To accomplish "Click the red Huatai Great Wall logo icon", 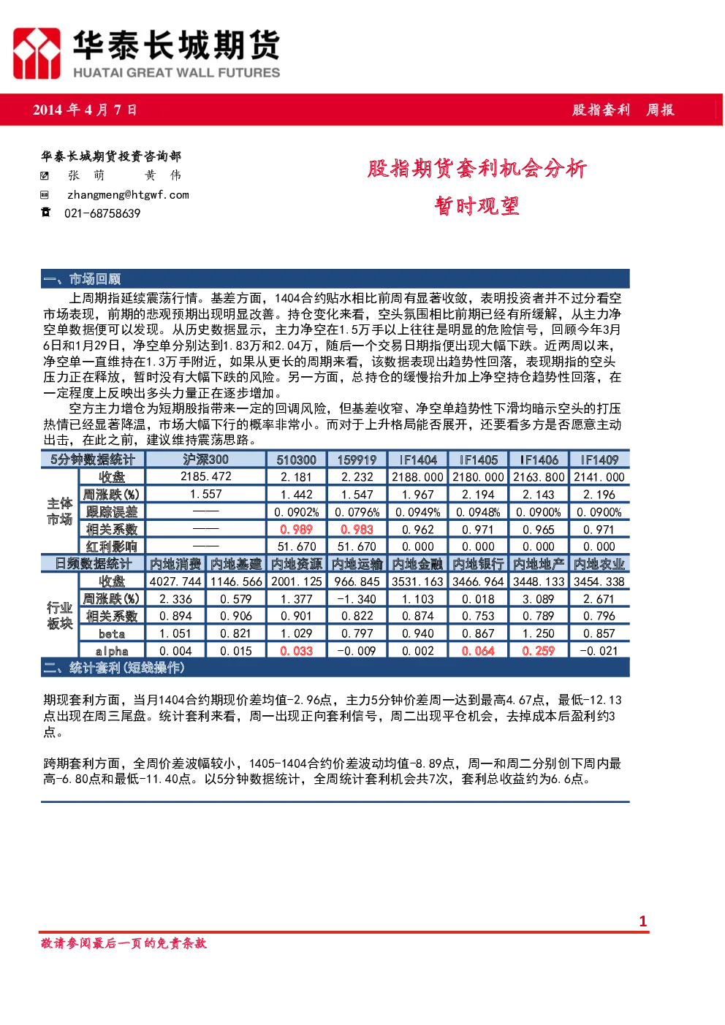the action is point(37,53).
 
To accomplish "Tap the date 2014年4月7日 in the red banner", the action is point(85,110).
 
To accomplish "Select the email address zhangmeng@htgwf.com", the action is point(128,195).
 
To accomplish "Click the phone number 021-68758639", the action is point(102,213).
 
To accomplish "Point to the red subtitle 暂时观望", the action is point(477,206).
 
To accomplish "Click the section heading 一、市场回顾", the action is point(82,278).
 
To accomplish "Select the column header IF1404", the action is point(417,460).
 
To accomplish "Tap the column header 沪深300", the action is point(205,459).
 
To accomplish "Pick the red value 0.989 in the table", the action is point(296,530).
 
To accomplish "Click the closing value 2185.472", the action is point(206,476).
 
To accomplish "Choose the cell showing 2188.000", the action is point(417,477).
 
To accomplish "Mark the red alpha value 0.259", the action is point(538,650).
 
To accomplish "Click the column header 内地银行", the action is point(478,564).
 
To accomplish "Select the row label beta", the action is point(112,633).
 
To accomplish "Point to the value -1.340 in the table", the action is point(357,599).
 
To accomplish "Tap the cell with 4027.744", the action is point(175,581).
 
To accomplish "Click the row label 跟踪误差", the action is point(112,511).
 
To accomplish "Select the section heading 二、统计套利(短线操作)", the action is point(114,668).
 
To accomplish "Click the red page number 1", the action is point(642,921).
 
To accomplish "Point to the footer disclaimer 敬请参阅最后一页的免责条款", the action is point(124,943).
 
